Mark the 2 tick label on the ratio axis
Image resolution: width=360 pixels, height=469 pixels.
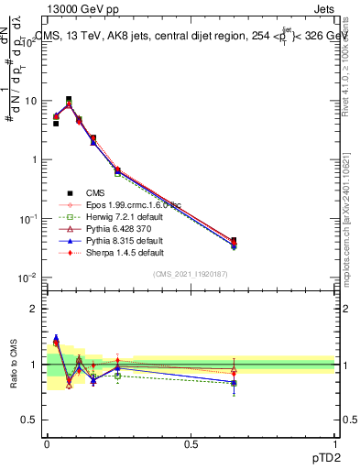coord(33,309)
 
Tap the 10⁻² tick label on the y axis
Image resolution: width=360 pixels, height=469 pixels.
coord(28,277)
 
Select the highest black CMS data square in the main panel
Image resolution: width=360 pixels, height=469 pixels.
coord(69,99)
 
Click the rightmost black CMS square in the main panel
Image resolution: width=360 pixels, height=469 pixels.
coord(234,240)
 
